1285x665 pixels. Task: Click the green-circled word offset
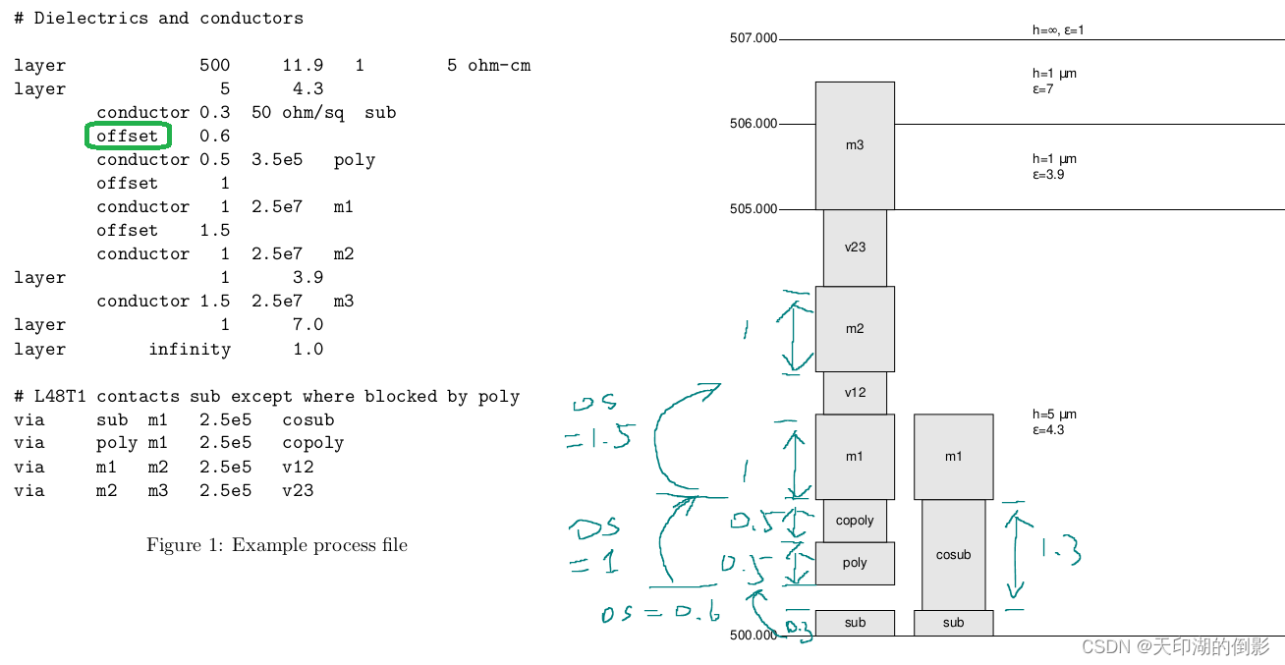click(128, 136)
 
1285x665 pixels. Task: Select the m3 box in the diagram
click(855, 145)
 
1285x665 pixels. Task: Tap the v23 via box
click(855, 248)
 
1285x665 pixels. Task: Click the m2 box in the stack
click(855, 329)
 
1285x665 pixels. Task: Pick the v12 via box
click(855, 393)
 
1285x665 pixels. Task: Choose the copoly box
click(855, 521)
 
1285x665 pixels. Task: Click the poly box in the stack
click(855, 564)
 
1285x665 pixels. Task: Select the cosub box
click(953, 555)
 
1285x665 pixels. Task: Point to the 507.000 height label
click(754, 38)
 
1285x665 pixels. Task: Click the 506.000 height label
click(754, 124)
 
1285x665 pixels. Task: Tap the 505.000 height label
click(754, 209)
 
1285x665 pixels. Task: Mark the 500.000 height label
click(754, 636)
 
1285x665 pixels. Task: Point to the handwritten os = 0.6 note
click(660, 614)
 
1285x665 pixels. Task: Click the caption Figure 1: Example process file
click(277, 545)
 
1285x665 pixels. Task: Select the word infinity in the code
click(190, 349)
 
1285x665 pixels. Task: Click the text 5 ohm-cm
click(488, 66)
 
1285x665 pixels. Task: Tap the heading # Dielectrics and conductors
click(158, 18)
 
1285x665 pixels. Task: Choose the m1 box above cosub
click(953, 457)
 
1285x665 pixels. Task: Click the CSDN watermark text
click(1175, 646)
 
